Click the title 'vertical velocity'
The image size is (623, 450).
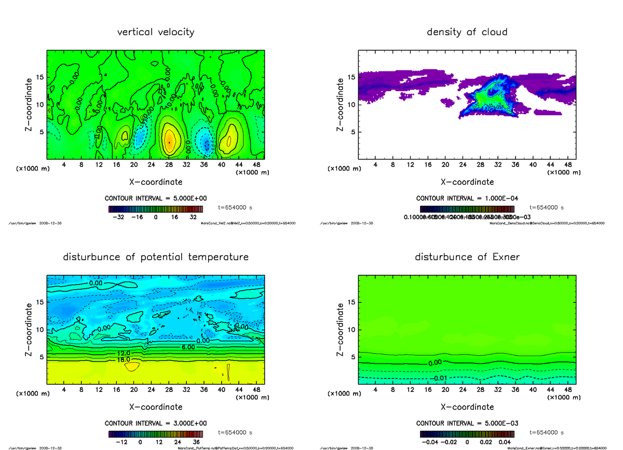point(156,32)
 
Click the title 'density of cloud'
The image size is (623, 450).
point(467,32)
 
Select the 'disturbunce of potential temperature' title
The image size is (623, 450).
point(156,257)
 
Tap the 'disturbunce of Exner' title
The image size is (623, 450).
point(467,257)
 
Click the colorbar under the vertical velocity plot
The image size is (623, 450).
point(156,208)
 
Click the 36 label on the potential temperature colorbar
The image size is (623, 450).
point(196,442)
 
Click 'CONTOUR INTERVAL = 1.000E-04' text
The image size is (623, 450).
point(467,199)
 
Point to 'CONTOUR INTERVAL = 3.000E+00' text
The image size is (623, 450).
point(156,423)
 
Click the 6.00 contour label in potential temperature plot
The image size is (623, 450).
point(188,346)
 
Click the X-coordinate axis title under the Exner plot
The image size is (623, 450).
point(467,407)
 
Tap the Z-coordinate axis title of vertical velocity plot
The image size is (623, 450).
point(31,103)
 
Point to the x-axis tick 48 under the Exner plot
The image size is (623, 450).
point(568,389)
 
